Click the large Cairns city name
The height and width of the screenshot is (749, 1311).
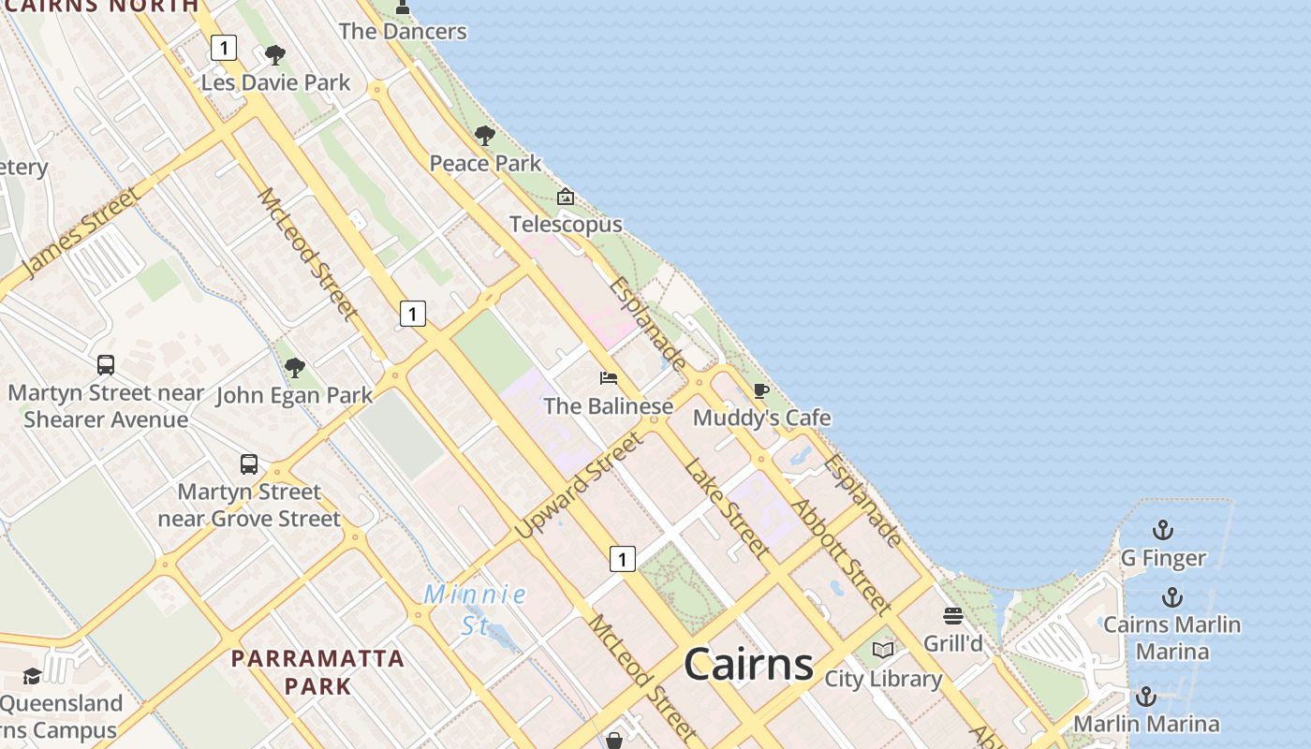pyautogui.click(x=748, y=664)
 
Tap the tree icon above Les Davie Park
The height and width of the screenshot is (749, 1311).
pyautogui.click(x=274, y=55)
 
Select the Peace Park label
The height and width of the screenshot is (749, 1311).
pyautogui.click(x=485, y=163)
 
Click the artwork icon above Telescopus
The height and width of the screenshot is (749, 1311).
pyautogui.click(x=565, y=197)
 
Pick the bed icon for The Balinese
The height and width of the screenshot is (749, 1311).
pyautogui.click(x=609, y=378)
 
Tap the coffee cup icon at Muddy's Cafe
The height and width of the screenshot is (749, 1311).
pyautogui.click(x=761, y=389)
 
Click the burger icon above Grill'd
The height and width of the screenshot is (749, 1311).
pyautogui.click(x=953, y=615)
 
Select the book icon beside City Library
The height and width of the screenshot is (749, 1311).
pyautogui.click(x=883, y=650)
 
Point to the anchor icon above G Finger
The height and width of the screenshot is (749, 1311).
pyautogui.click(x=1162, y=531)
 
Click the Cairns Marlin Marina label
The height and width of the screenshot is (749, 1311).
pyautogui.click(x=1171, y=638)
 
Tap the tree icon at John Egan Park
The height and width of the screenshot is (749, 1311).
pyautogui.click(x=295, y=368)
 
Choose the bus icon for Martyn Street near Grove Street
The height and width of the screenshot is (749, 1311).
pyautogui.click(x=249, y=464)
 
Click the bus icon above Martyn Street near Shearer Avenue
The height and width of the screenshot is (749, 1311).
pyautogui.click(x=106, y=365)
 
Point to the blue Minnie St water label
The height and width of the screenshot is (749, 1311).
pyautogui.click(x=475, y=609)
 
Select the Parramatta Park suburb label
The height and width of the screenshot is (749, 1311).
pyautogui.click(x=318, y=671)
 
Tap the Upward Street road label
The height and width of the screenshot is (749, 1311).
pyautogui.click(x=579, y=484)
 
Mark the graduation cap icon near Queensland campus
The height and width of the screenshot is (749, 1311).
pyautogui.click(x=32, y=676)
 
